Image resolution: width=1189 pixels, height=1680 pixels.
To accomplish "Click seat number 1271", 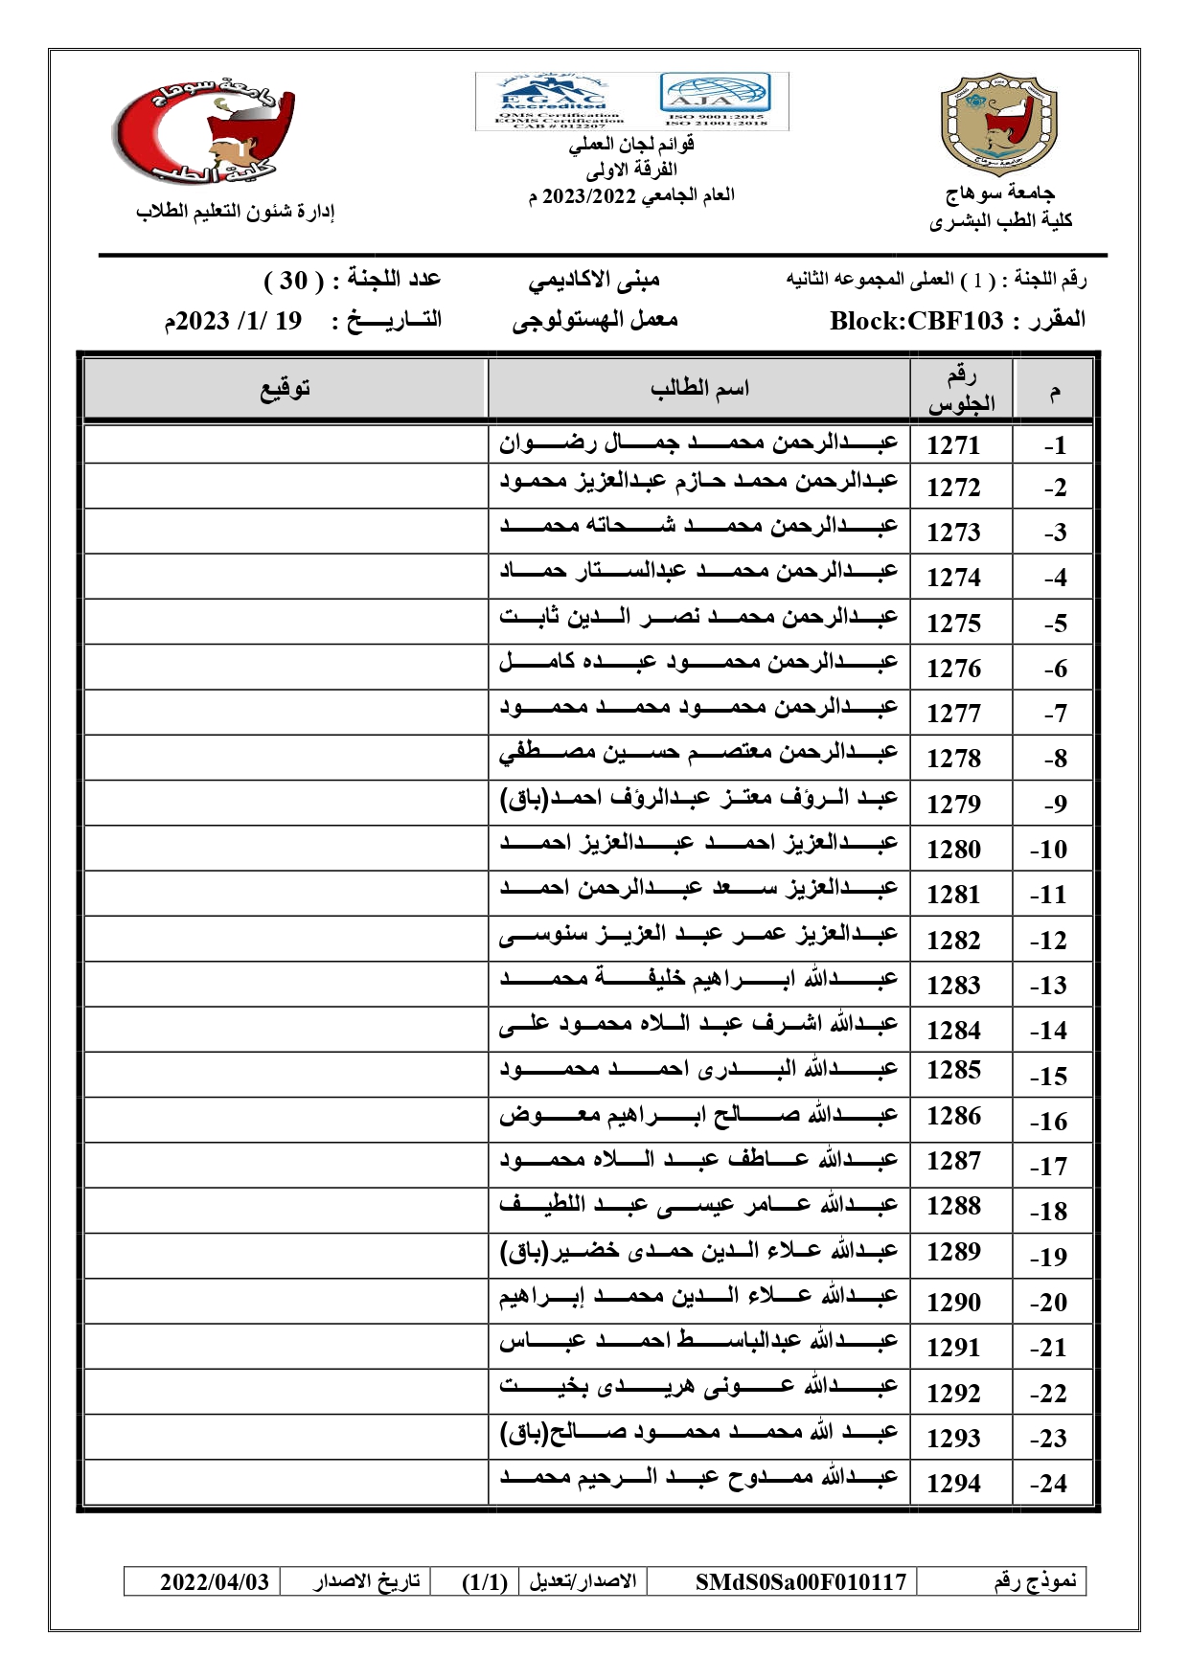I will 953,445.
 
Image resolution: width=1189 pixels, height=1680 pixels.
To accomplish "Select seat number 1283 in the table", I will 953,986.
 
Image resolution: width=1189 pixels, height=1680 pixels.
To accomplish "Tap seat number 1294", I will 953,1484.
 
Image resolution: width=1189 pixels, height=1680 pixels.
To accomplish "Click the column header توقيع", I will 286,389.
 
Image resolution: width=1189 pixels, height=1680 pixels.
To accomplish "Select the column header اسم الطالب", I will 699,389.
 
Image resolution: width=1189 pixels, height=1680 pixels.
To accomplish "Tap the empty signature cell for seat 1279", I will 286,803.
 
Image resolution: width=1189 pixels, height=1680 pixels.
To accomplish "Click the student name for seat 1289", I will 698,1251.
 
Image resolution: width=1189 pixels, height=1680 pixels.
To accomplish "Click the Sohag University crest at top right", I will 999,129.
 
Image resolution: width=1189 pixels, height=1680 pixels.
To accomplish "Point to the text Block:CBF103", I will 916,321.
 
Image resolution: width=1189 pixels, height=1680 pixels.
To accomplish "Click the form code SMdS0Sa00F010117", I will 801,1581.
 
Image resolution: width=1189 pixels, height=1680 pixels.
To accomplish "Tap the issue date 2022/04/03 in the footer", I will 215,1581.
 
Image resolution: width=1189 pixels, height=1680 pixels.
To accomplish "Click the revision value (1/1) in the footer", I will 485,1581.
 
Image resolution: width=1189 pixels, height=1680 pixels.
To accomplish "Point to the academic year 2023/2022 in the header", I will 589,196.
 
